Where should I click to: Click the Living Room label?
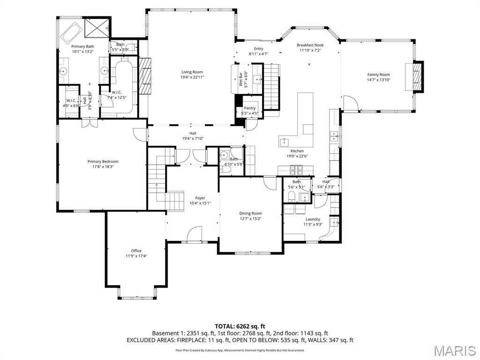click(x=192, y=72)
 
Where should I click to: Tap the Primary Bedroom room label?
click(x=103, y=161)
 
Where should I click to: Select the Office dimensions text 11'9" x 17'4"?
click(x=136, y=256)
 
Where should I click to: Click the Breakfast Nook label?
click(x=310, y=45)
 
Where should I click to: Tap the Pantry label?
click(x=249, y=108)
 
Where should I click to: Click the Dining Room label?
click(x=250, y=213)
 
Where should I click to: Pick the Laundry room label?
click(x=313, y=219)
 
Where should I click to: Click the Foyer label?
click(x=200, y=198)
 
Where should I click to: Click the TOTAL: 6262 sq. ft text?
click(x=240, y=326)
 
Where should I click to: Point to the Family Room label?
click(x=378, y=75)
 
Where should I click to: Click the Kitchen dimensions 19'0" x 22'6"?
click(x=297, y=156)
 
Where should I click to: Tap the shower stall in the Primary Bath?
click(x=97, y=27)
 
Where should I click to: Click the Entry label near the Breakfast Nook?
click(x=258, y=49)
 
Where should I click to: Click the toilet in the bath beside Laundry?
click(x=291, y=196)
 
